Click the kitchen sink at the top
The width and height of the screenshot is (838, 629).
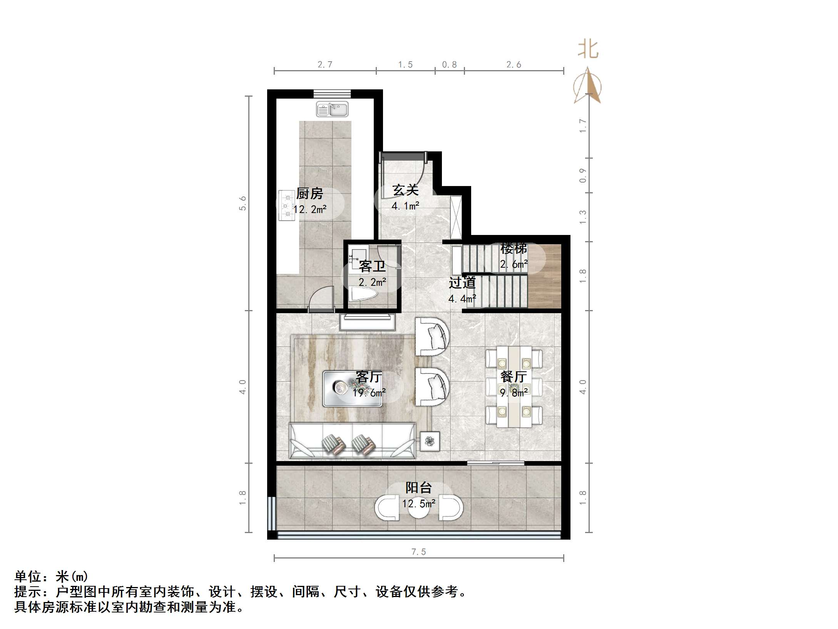[332, 109]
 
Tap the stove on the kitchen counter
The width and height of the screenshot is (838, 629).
[286, 205]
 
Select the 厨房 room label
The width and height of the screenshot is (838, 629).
[309, 193]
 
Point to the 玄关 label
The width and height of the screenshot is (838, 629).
[405, 190]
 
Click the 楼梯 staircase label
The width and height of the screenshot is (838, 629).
[514, 248]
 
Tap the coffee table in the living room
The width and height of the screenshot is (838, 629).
[352, 389]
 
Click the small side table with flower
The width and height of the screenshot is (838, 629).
[430, 441]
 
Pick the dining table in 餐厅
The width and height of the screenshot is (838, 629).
[514, 387]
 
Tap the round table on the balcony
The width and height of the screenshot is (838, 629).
[419, 508]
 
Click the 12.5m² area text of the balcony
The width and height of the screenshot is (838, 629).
[419, 503]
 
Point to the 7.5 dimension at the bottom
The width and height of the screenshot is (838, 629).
[418, 552]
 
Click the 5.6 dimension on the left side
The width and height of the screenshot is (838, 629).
[243, 203]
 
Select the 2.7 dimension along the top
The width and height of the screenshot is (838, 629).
[325, 65]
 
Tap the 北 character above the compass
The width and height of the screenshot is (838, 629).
[588, 50]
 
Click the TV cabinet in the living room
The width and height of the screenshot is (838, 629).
[368, 322]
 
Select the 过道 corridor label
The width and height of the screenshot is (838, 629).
[462, 283]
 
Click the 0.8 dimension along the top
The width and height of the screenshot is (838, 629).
[449, 65]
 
